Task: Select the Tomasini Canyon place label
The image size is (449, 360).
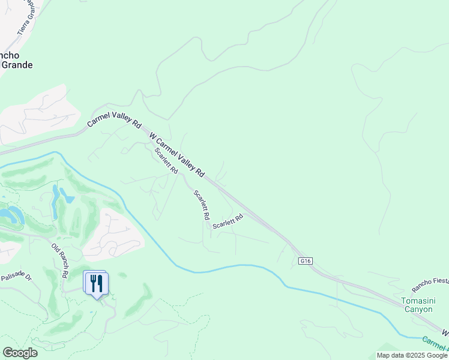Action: click(x=417, y=305)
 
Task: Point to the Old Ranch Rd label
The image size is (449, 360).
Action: click(x=59, y=260)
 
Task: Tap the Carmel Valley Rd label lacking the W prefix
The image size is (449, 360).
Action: click(x=114, y=116)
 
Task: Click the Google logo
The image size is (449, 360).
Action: click(x=20, y=352)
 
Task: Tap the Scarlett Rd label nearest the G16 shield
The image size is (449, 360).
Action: click(x=228, y=221)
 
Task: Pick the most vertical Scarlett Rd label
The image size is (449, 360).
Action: click(x=202, y=204)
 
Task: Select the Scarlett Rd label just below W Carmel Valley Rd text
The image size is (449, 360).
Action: click(x=166, y=161)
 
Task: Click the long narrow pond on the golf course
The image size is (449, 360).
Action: click(x=56, y=202)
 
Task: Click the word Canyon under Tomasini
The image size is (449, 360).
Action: click(x=417, y=310)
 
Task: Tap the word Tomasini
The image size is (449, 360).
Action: click(x=417, y=301)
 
